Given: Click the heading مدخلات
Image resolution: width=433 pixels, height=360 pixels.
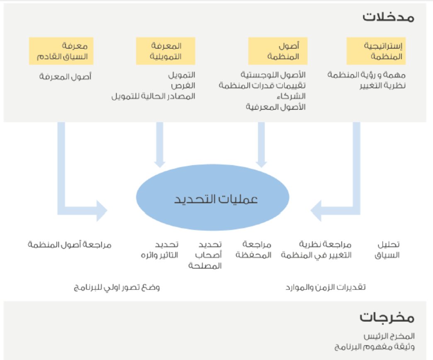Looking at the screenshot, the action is click(388, 17).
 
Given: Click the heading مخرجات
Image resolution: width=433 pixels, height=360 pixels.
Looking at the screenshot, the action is click(387, 318).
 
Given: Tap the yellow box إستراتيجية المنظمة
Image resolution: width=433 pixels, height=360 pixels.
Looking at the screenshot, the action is click(376, 51).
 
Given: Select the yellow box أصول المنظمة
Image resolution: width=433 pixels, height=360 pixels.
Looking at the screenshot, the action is click(277, 51).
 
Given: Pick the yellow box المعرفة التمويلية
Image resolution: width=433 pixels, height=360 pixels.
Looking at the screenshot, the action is click(165, 51).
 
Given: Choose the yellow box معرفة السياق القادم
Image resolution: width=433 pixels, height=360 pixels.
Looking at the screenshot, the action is click(61, 51).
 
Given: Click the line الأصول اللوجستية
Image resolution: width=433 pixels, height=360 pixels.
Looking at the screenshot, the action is click(273, 75).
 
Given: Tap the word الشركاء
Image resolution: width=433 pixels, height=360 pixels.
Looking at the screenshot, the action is click(292, 96).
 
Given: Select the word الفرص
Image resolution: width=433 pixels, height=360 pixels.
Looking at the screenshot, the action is click(185, 86).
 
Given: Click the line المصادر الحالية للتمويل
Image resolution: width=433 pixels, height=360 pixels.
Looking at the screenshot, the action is click(153, 96).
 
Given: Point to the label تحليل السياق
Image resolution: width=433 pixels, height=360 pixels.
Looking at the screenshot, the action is click(387, 250).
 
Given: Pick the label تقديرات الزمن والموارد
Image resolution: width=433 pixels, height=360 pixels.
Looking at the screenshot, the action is click(326, 287).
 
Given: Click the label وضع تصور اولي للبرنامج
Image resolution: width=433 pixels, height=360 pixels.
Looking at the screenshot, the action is click(117, 287).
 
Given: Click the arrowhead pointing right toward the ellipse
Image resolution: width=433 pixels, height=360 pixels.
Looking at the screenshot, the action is click(101, 211).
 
